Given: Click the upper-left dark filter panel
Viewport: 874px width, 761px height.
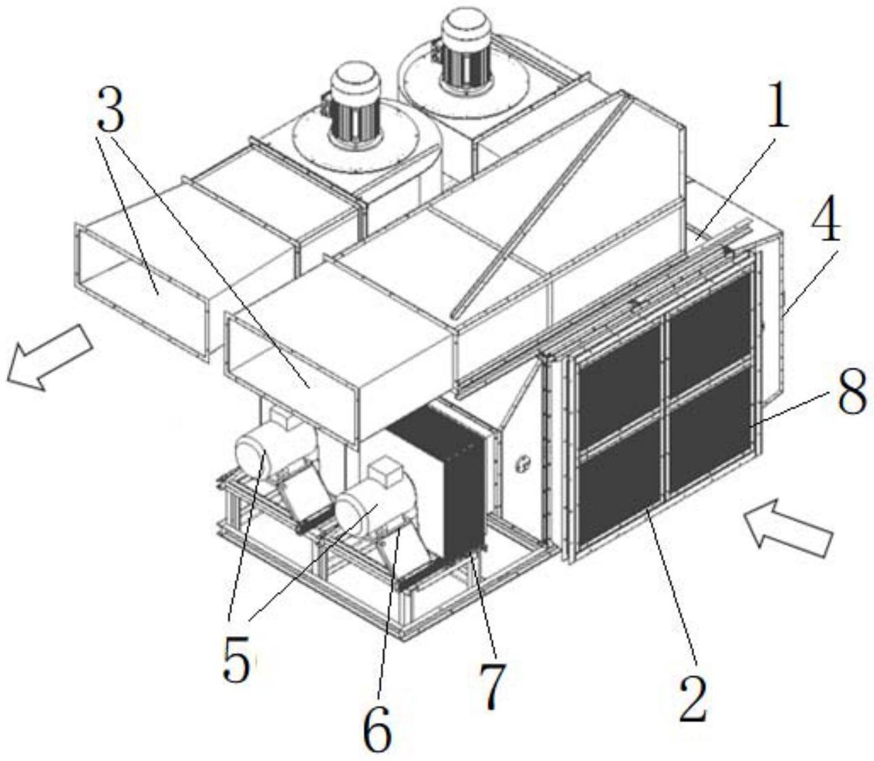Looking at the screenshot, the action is (x=620, y=384).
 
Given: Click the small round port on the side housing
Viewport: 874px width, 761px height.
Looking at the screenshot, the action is (x=523, y=463).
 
